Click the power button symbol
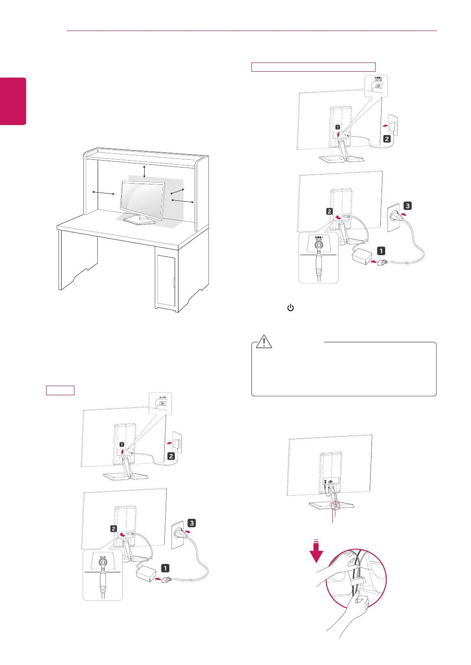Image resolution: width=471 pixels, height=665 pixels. click(x=290, y=308)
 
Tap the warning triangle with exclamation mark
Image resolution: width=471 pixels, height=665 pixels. click(x=263, y=342)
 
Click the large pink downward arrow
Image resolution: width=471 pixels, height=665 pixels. click(x=316, y=550)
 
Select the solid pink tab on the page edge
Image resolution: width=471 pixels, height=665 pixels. click(x=13, y=101)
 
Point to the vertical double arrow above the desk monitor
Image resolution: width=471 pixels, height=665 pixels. click(x=145, y=171)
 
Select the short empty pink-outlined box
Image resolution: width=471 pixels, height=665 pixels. click(x=60, y=390)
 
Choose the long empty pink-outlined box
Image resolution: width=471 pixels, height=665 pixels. click(x=313, y=67)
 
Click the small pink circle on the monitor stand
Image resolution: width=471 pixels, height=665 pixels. click(x=336, y=506)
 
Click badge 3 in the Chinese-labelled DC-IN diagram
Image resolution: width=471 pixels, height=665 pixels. click(x=407, y=206)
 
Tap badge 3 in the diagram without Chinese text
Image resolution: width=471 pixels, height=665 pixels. click(x=192, y=523)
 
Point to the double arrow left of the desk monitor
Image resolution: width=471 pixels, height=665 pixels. click(x=103, y=193)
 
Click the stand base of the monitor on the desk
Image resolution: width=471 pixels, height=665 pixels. click(x=140, y=221)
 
